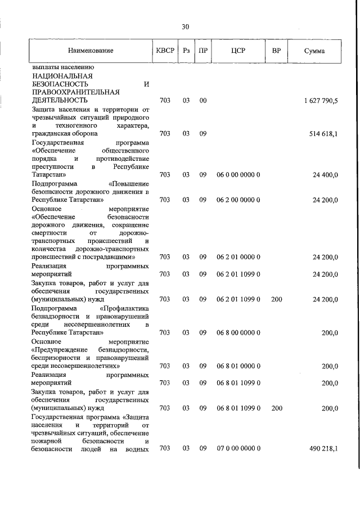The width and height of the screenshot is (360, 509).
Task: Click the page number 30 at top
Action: click(186, 26)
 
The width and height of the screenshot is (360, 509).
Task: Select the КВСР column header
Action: click(165, 51)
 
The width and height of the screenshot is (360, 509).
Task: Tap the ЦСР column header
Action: click(238, 51)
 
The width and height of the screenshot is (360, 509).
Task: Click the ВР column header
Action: click(276, 51)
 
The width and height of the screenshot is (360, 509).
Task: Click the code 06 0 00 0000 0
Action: click(238, 175)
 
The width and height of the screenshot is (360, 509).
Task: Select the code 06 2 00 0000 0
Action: click(238, 200)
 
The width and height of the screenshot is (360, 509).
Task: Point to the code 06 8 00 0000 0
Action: click(238, 332)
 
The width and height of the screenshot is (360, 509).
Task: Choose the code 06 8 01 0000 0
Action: click(238, 366)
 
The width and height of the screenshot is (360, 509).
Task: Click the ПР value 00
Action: click(203, 101)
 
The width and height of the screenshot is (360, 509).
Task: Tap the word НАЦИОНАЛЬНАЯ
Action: click(62, 75)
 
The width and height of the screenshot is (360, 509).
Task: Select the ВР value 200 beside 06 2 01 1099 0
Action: click(276, 299)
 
